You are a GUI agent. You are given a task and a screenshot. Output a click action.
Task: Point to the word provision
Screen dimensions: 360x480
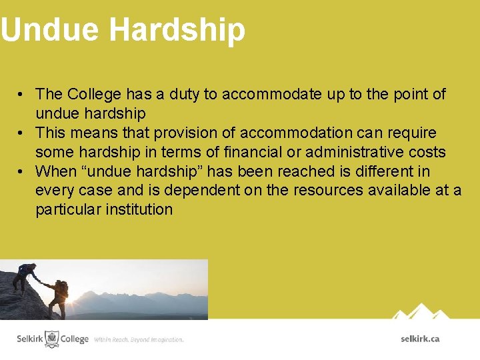[187, 133]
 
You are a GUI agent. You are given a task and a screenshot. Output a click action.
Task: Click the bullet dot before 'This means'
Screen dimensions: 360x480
[22, 133]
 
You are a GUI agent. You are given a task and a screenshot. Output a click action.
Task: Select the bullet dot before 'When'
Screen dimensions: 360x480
[22, 171]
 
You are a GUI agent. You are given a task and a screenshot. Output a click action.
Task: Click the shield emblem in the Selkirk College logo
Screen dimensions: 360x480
[51, 339]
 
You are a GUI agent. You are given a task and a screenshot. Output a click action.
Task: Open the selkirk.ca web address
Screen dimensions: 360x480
[420, 339]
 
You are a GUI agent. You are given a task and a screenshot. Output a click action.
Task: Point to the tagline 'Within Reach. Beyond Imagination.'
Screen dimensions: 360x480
[139, 339]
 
